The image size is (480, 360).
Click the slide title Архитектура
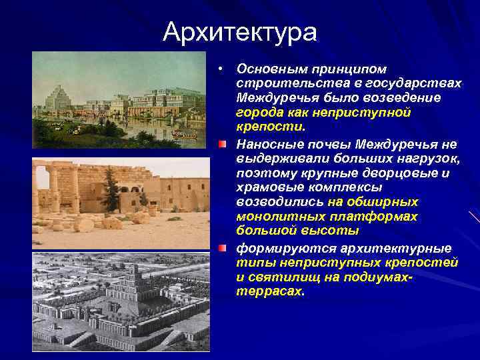coord(240,31)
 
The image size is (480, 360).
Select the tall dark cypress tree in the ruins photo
coord(111,190)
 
